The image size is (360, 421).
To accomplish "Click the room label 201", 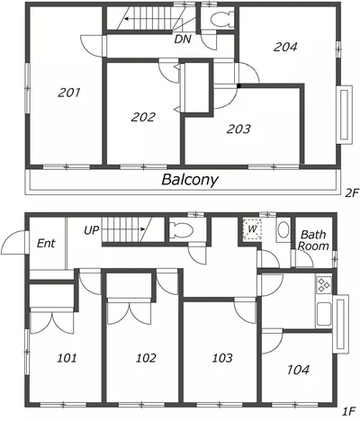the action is (x=69, y=93).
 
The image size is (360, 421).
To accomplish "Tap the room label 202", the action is (x=143, y=117).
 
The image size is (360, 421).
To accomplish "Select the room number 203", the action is (x=238, y=129).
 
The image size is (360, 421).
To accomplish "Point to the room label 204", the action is (x=285, y=47).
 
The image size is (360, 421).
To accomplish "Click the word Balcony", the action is (x=190, y=180).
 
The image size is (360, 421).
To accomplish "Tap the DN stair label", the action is (x=183, y=39).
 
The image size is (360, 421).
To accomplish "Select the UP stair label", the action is (x=92, y=230).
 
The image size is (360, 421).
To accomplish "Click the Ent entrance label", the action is (x=46, y=243).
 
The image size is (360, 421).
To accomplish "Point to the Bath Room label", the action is (x=313, y=240).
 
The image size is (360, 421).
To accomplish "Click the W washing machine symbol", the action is (x=252, y=229).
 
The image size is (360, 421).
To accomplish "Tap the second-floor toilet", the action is (x=221, y=20).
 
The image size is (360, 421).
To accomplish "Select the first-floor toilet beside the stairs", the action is (x=181, y=230).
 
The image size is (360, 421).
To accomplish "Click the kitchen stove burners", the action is (x=324, y=285).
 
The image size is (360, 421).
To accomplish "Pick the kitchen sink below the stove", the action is (x=324, y=314).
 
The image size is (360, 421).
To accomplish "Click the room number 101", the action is (x=67, y=358).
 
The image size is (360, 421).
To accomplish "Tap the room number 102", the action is (x=146, y=358).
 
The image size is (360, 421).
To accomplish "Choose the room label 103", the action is (x=222, y=358).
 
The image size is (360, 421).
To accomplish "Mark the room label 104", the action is (x=298, y=370).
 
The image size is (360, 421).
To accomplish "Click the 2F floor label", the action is (x=352, y=193).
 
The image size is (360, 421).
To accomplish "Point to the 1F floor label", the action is (x=349, y=411).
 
